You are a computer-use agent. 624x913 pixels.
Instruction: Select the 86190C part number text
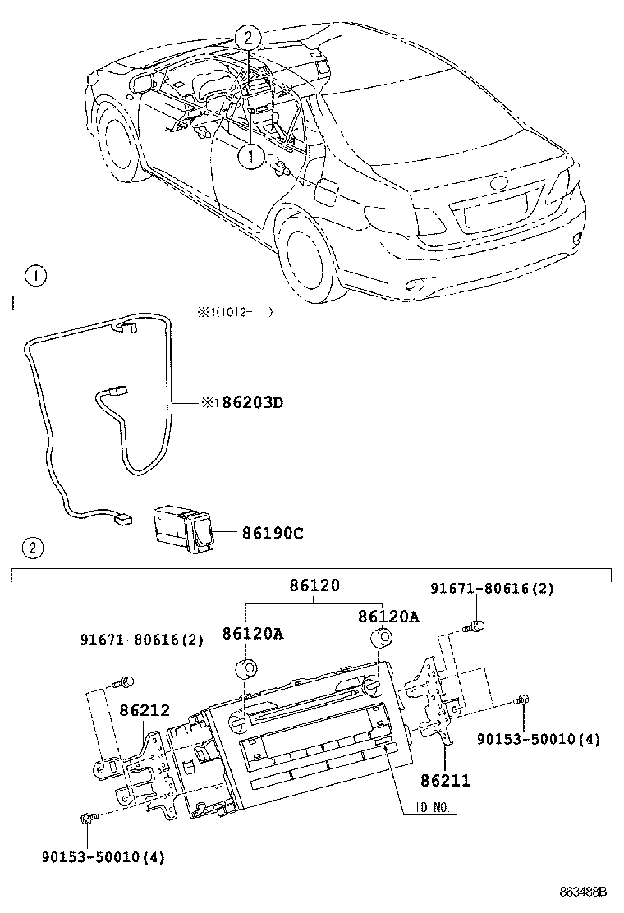point(272,533)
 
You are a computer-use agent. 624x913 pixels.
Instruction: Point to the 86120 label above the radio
point(314,586)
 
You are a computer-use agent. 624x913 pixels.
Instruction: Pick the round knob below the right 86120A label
point(380,639)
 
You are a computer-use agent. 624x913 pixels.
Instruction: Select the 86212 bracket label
point(145,710)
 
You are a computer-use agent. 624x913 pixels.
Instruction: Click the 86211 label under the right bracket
point(446,781)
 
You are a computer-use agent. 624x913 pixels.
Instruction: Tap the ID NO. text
point(429,808)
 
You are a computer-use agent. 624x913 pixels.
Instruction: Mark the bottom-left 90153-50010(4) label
point(103,858)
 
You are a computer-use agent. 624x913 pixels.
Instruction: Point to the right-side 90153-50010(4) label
point(539,740)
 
